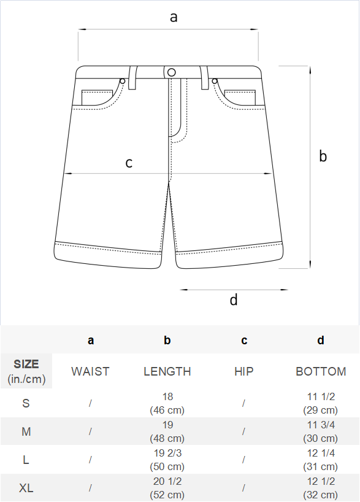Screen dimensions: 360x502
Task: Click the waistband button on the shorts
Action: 172,72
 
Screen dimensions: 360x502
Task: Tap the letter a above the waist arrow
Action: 174,17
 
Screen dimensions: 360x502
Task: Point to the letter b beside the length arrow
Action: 323,156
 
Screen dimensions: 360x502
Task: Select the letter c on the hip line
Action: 129,163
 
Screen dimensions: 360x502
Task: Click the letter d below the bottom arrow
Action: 234,300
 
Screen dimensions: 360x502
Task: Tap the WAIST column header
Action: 90,371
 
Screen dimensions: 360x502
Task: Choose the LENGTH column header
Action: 167,371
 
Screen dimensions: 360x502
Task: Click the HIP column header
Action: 244,371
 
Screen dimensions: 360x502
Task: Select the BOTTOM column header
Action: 321,371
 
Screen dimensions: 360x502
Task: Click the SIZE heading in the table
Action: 26,364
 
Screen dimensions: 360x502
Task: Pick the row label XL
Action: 26,488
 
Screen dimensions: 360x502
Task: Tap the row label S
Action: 26,403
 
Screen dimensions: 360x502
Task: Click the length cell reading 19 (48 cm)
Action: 167,431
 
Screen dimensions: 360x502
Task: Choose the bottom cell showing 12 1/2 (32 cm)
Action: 321,488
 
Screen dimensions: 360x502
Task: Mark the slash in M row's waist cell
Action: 90,431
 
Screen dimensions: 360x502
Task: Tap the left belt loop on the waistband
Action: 133,77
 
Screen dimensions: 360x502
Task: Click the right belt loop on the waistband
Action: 204,77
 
